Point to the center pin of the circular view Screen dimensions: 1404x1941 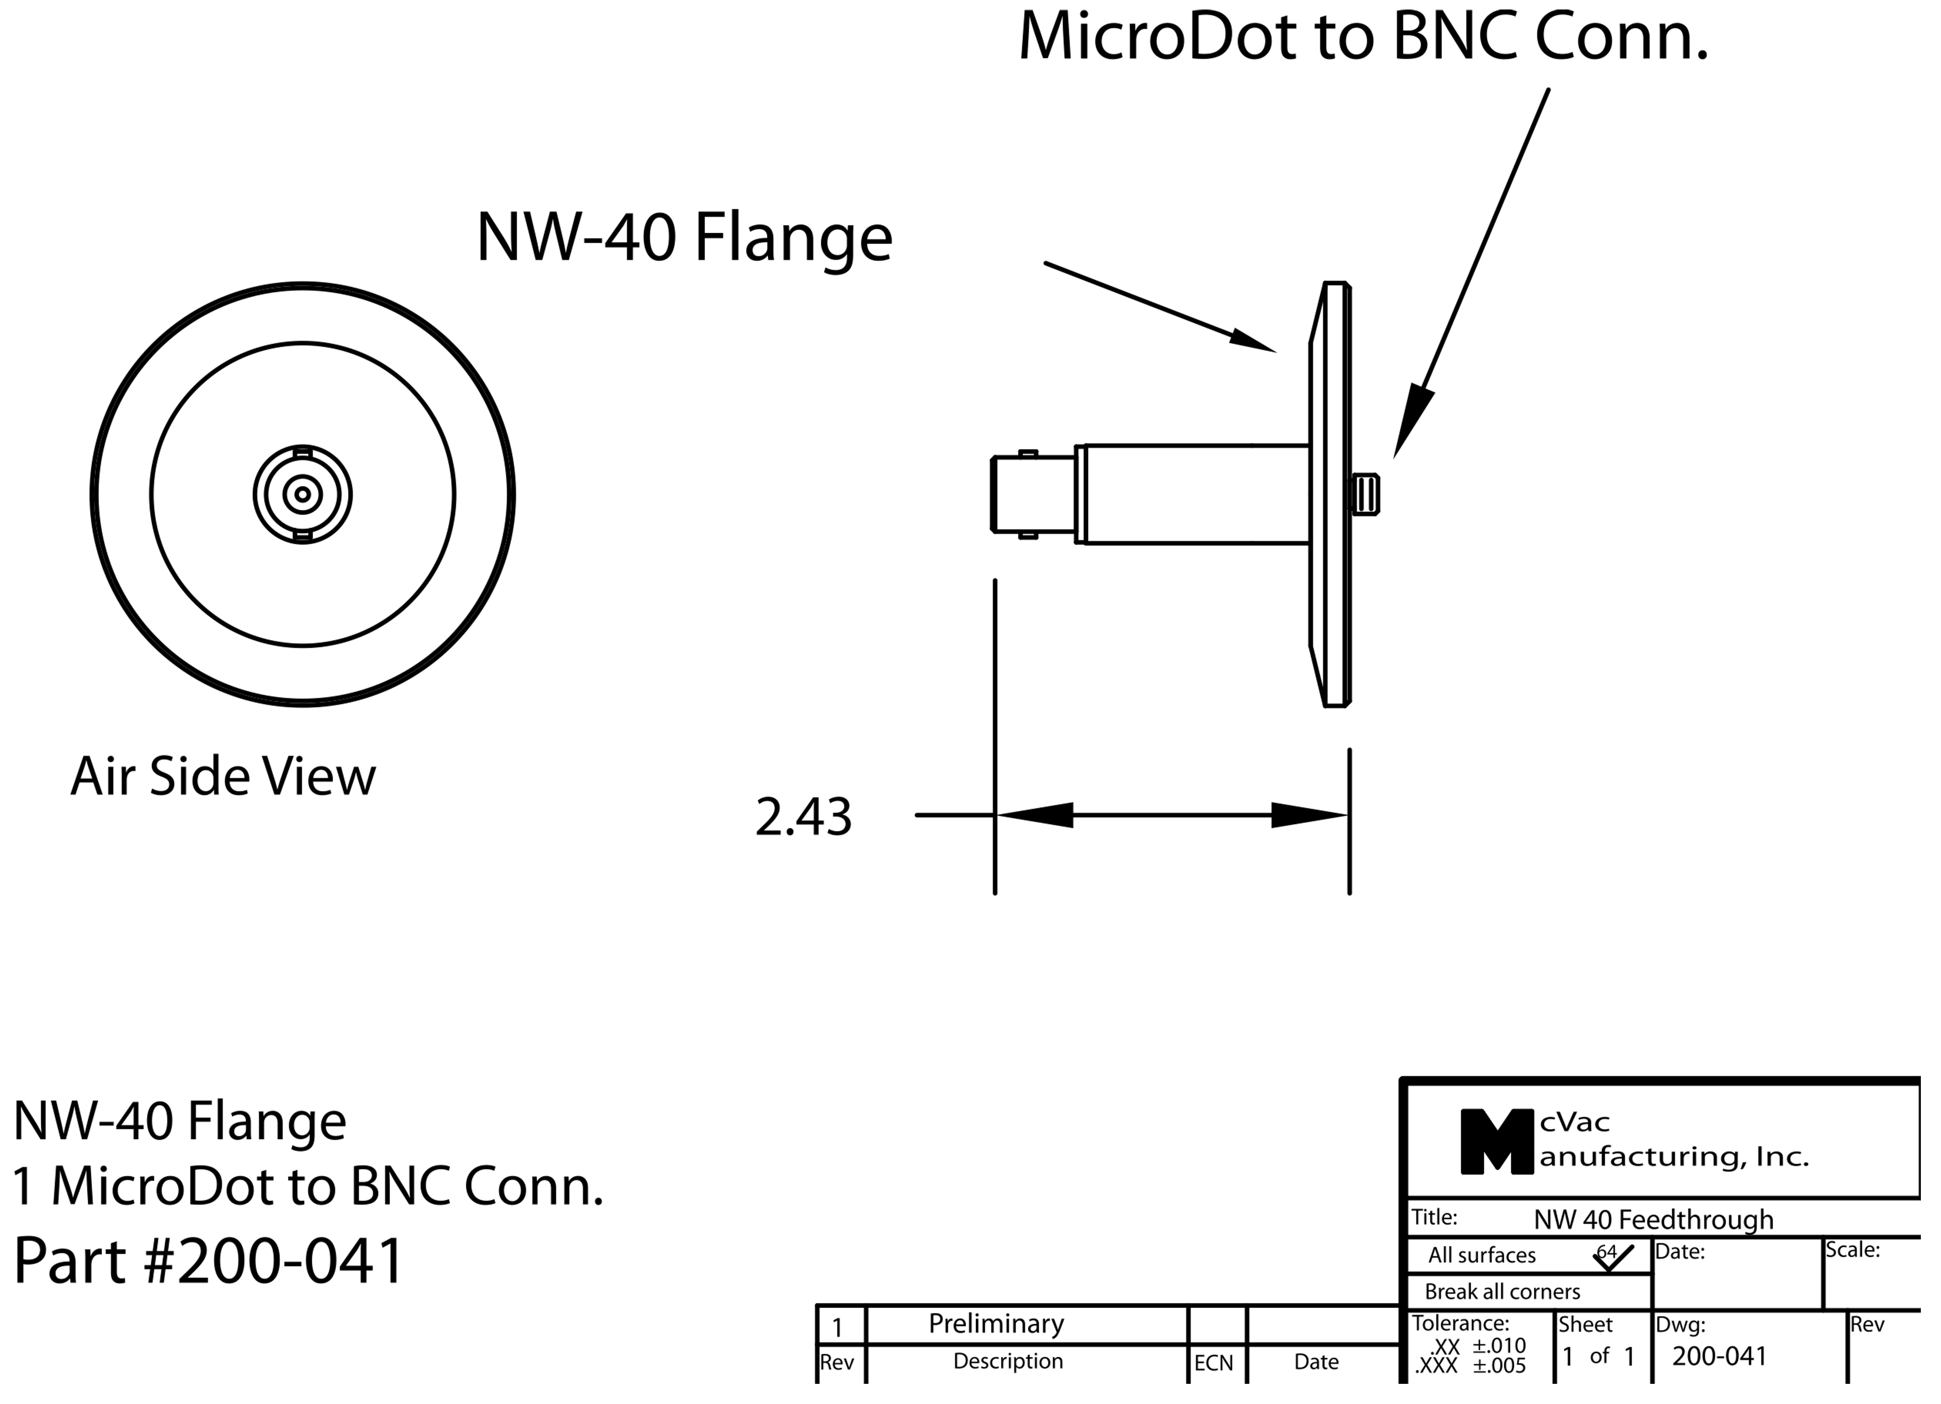302,494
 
